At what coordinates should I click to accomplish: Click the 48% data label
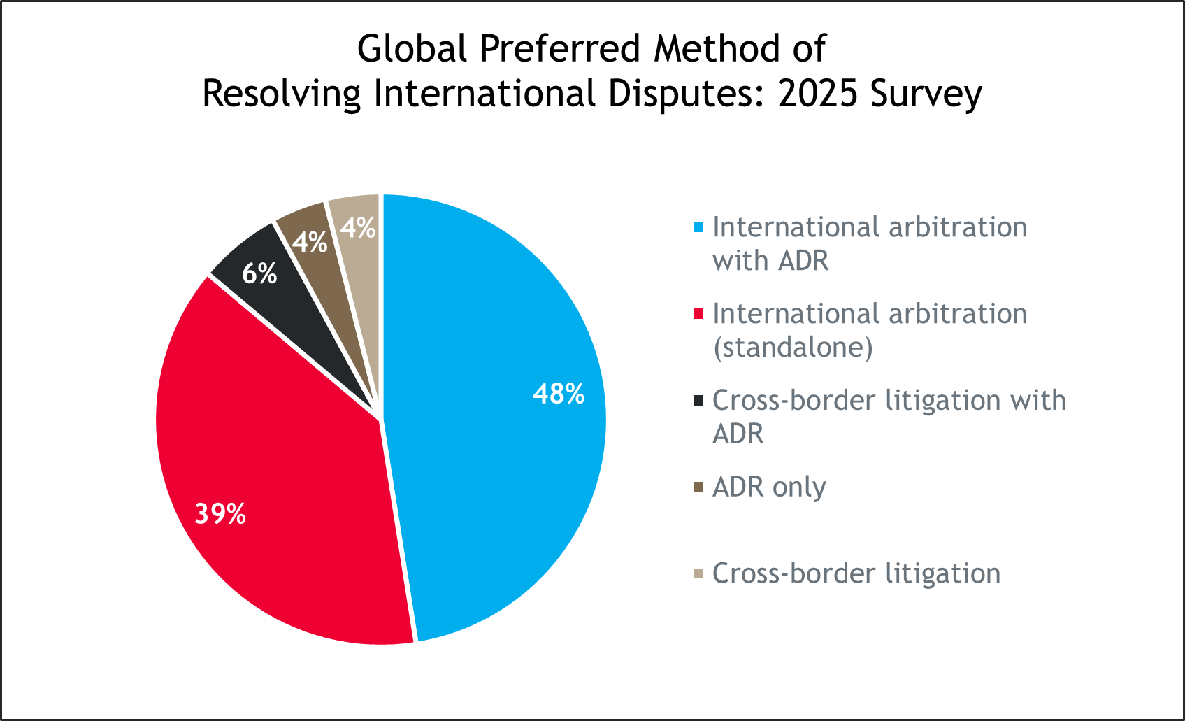(558, 394)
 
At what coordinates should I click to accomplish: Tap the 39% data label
(220, 514)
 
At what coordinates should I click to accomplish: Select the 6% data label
(259, 273)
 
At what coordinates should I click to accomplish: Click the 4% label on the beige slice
(358, 228)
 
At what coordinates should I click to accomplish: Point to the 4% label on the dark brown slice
(310, 243)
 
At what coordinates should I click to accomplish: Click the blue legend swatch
(698, 227)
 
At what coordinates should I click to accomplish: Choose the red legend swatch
(698, 314)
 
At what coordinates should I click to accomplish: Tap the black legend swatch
(698, 401)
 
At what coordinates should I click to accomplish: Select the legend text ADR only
(769, 487)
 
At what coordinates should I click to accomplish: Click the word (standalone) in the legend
(793, 348)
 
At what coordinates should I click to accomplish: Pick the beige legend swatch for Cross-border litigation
(698, 574)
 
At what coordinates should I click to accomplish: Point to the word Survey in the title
(926, 94)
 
